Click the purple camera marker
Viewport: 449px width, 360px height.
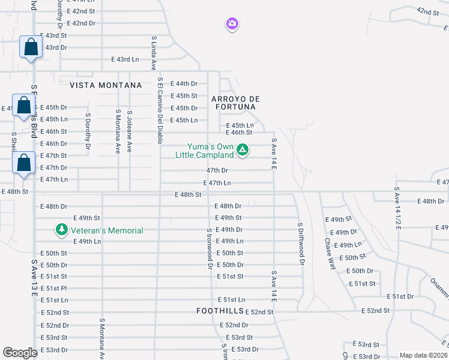coord(232,24)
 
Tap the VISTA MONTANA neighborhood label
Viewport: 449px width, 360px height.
coord(106,85)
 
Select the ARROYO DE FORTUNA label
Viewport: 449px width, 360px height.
coord(234,103)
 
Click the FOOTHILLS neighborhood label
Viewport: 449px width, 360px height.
coord(220,311)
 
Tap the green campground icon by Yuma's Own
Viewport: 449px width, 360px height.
coord(242,149)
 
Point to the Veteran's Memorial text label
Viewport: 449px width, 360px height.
coord(107,230)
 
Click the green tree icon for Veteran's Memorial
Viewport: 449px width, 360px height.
coord(61,230)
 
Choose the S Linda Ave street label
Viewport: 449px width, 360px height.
coord(154,53)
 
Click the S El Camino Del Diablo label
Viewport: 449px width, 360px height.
coord(160,110)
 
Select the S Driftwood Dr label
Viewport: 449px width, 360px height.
coord(300,241)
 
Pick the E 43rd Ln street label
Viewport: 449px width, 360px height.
coord(125,59)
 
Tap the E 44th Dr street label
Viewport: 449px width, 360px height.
coord(184,83)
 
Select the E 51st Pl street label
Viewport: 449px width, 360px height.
coord(53,288)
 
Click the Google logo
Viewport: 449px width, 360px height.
coord(20,352)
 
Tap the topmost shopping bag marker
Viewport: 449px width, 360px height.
coord(31,47)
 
